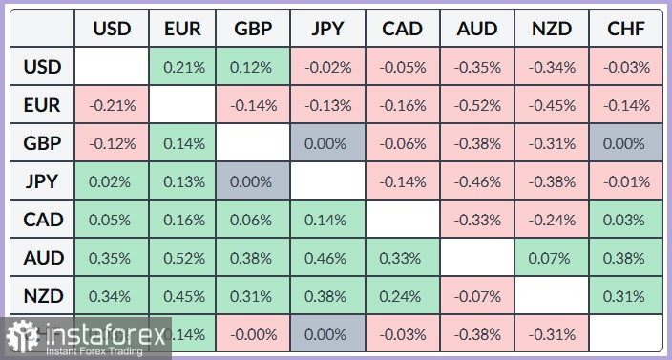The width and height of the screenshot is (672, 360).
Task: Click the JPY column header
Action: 327,29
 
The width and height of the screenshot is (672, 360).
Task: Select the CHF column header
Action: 625,29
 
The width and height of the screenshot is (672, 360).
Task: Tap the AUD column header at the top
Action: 476,29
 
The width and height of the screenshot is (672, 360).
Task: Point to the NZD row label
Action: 43,295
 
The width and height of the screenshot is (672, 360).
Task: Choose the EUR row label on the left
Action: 43,105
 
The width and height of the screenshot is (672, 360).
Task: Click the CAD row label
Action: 43,220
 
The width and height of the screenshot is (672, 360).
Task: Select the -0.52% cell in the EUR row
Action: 476,105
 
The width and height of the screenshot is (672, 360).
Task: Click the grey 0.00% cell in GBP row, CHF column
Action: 625,143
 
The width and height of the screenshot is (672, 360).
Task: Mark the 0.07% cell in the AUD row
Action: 551,258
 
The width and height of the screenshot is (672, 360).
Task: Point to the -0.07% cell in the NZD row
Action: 476,295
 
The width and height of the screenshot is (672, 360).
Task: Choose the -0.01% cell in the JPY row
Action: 625,181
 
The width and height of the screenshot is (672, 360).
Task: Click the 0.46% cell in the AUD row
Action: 327,258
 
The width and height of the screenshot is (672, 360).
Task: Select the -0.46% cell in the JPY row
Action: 476,181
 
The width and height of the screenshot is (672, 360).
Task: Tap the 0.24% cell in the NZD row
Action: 402,295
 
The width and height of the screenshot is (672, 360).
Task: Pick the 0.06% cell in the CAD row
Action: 253,220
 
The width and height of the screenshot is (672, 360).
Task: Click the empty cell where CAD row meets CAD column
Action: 402,220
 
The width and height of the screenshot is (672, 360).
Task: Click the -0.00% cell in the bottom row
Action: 253,334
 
